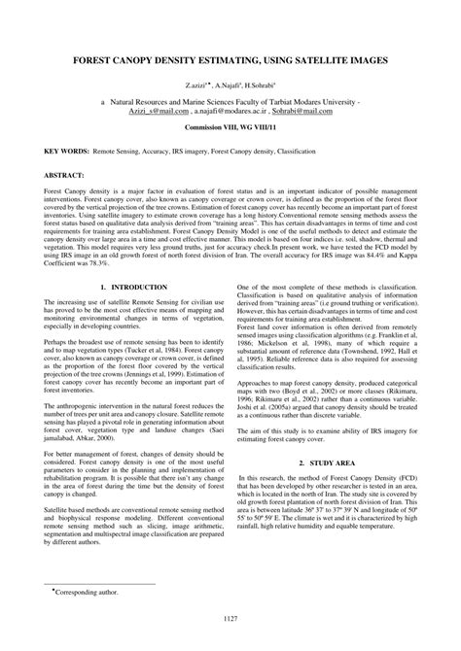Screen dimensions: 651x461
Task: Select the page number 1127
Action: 230,619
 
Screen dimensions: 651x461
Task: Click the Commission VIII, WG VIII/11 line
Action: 230,127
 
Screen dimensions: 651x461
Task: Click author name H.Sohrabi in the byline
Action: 258,86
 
